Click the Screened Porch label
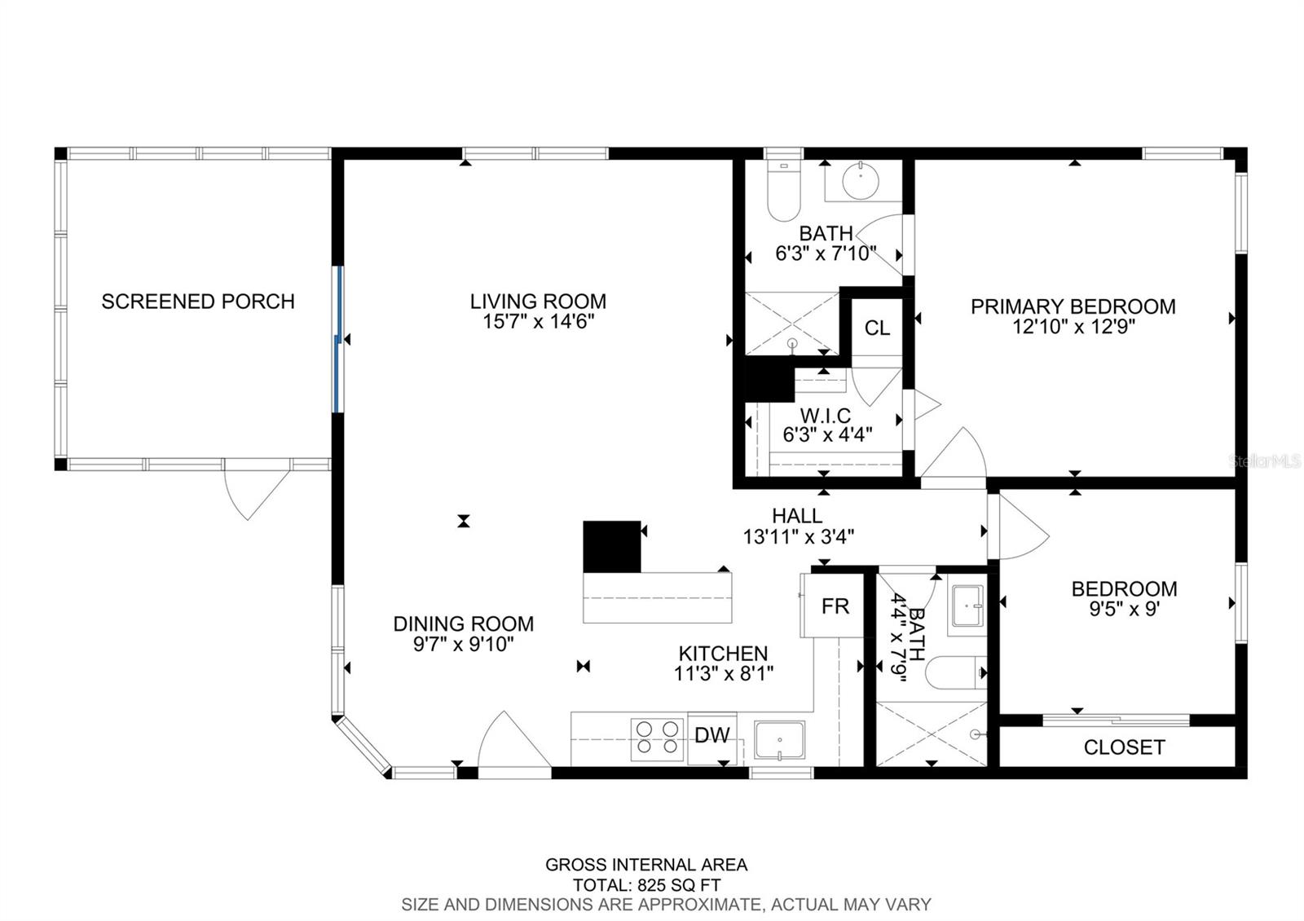click(197, 302)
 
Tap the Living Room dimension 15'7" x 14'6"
click(538, 322)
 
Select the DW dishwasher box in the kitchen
click(711, 737)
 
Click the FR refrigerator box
click(835, 606)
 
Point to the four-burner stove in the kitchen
click(657, 738)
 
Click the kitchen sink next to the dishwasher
click(779, 739)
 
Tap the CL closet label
click(877, 328)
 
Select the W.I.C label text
click(825, 416)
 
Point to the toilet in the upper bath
click(784, 192)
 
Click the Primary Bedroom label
click(1073, 307)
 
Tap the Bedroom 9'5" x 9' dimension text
click(1124, 608)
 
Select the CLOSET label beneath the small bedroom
click(1124, 747)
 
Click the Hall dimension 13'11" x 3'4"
click(798, 537)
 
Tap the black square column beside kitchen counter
click(611, 546)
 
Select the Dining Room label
click(463, 624)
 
